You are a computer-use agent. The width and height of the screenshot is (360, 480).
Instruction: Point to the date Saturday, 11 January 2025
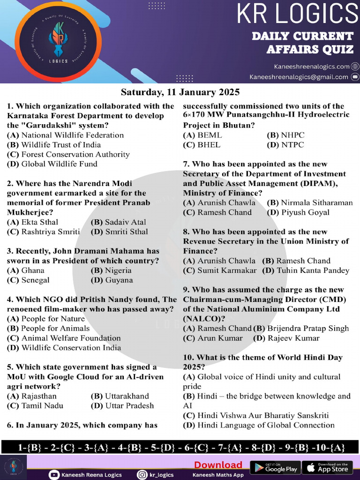point(180,91)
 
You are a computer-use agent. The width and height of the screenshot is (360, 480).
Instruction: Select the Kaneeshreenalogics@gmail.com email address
point(299,77)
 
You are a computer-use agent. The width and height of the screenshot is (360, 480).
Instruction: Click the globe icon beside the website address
point(355,67)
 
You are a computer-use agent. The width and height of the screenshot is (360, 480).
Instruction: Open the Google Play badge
point(275,467)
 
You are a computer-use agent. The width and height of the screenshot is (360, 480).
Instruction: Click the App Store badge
point(328,467)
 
